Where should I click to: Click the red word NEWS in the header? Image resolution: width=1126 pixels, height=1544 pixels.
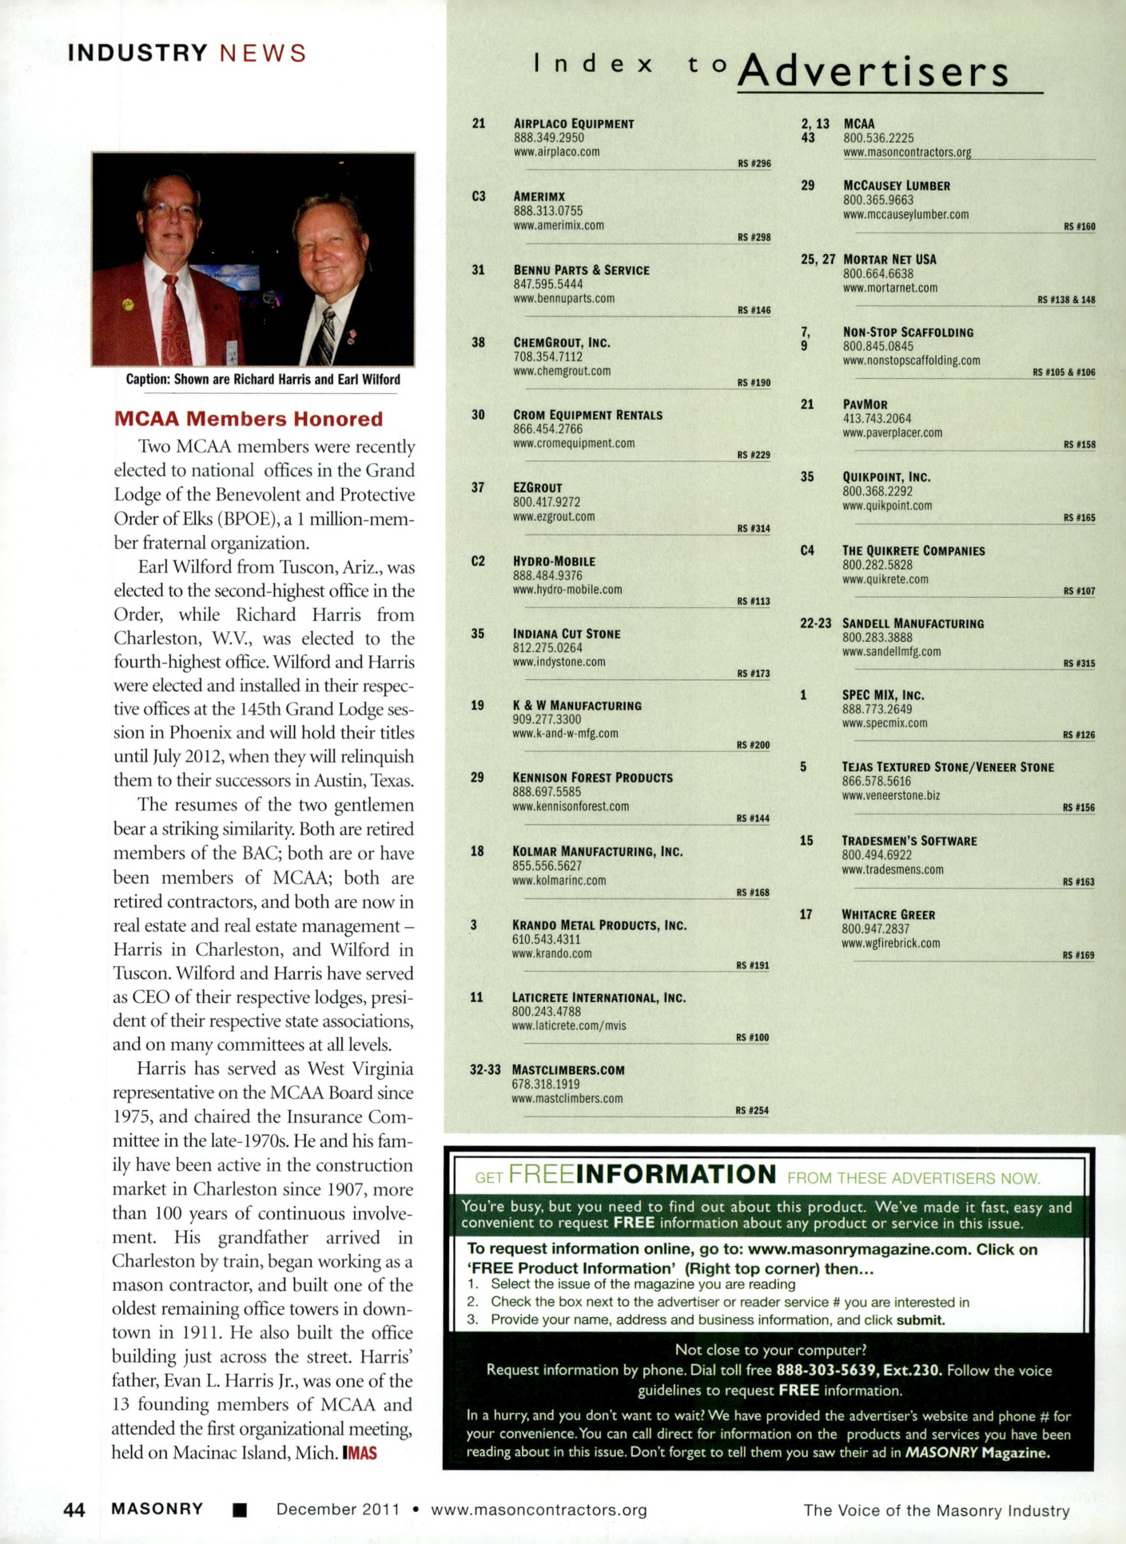[x=263, y=54]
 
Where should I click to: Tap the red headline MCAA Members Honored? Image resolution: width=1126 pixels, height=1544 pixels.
[x=249, y=419]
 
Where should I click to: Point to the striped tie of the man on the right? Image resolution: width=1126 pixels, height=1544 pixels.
[x=325, y=336]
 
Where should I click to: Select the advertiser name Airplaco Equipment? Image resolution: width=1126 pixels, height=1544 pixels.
[x=574, y=124]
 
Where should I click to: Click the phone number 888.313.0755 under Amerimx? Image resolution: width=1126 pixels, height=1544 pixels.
[x=547, y=211]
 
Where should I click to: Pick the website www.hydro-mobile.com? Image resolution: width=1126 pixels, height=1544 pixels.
[x=567, y=590]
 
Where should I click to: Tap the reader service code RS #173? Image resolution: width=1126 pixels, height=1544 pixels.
[x=753, y=674]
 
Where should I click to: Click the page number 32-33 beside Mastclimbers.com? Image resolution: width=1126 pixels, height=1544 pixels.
[x=485, y=1070]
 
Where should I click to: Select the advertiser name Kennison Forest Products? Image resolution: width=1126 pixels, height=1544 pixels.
[x=592, y=778]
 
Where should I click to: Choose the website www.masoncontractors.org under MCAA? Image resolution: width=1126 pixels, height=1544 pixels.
[x=907, y=152]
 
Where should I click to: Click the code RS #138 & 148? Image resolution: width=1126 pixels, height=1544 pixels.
[x=1066, y=300]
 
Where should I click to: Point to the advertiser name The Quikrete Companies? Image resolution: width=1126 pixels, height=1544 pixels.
[x=913, y=551]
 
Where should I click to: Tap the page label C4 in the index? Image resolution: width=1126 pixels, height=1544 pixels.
[x=807, y=551]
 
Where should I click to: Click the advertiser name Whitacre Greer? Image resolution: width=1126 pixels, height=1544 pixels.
[x=888, y=914]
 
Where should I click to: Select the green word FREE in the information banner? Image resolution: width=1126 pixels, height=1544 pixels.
[x=541, y=1174]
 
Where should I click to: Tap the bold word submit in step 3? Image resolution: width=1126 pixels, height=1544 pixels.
[x=921, y=1320]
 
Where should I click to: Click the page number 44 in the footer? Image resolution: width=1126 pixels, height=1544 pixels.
[x=74, y=1510]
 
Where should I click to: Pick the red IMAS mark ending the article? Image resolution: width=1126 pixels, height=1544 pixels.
[x=360, y=1453]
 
